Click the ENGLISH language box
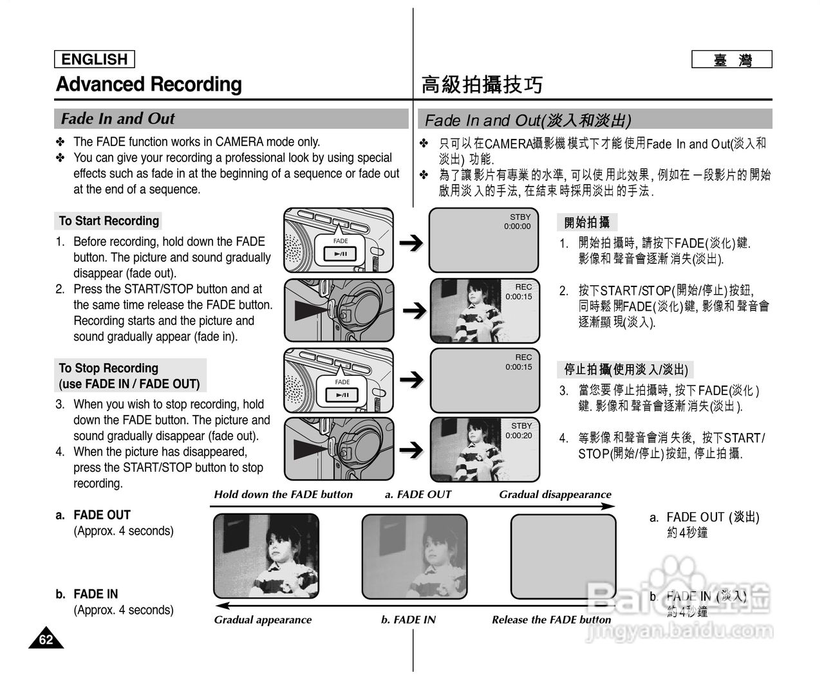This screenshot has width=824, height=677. [x=94, y=59]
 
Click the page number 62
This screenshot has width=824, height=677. [x=46, y=639]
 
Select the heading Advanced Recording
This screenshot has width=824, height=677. [x=149, y=84]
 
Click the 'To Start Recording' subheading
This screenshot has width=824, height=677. [x=109, y=221]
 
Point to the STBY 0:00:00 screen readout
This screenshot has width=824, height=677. [x=519, y=222]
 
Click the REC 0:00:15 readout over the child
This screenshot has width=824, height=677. [x=520, y=292]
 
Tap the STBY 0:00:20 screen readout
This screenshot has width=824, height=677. [x=520, y=431]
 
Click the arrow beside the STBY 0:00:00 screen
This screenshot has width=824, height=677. [x=411, y=243]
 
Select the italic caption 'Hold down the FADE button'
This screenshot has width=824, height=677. [x=283, y=495]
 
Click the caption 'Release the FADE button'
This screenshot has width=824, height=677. [x=551, y=620]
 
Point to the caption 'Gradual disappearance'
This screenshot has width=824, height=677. [x=555, y=495]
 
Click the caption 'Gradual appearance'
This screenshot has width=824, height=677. [x=263, y=620]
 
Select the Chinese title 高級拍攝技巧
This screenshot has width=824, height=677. [x=482, y=85]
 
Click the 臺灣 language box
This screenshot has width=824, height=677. [x=731, y=60]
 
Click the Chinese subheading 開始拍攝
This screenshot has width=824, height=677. [x=586, y=223]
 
